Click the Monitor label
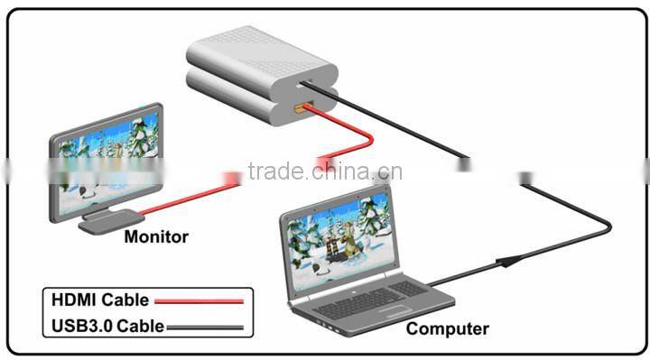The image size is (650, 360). pyautogui.click(x=156, y=237)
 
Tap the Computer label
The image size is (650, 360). pyautogui.click(x=447, y=328)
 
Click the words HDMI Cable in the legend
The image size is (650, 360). pyautogui.click(x=99, y=300)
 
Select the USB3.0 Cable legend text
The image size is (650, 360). pyautogui.click(x=108, y=326)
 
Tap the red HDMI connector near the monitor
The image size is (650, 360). pyautogui.click(x=231, y=179)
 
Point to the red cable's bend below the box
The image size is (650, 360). pyautogui.click(x=368, y=138)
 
